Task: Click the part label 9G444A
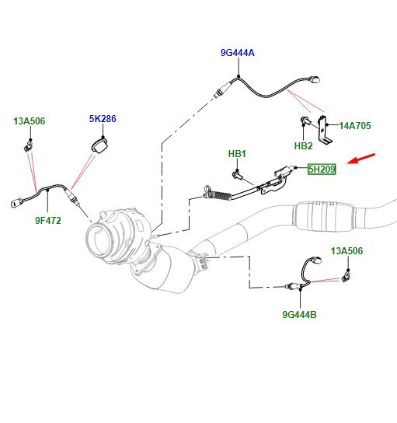(237, 53)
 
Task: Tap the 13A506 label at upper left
(29, 121)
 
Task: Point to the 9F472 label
(47, 220)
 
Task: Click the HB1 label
(237, 154)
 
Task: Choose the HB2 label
(303, 145)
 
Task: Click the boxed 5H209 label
(321, 169)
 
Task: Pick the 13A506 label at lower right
(347, 251)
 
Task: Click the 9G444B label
(299, 315)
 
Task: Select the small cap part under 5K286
(97, 145)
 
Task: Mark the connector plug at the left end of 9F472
(16, 205)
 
